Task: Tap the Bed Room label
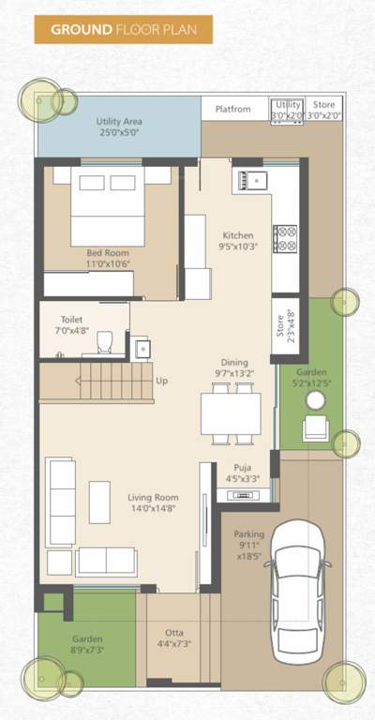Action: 108,259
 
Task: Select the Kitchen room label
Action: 237,241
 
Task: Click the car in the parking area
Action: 297,595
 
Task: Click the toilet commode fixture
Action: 105,341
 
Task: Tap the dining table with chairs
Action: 231,412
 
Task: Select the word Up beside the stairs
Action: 162,382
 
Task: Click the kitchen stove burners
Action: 284,239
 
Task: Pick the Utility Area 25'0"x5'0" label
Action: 118,127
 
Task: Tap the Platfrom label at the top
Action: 233,109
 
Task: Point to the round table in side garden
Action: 315,401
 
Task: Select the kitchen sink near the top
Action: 252,177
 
